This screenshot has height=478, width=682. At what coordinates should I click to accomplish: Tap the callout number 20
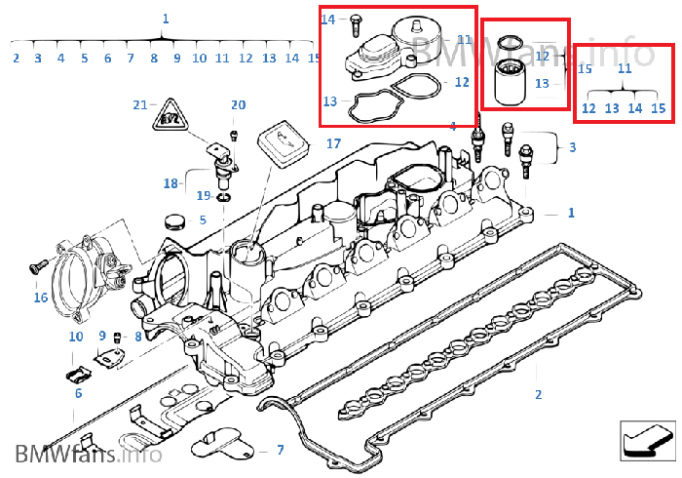click(238, 105)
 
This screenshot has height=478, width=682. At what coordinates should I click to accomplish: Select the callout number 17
click(333, 143)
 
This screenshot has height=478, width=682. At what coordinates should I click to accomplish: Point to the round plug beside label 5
click(176, 219)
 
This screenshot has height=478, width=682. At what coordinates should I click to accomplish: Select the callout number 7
click(280, 450)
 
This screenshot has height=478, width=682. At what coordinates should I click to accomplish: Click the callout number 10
click(76, 337)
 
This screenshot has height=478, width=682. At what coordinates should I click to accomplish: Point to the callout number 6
click(78, 394)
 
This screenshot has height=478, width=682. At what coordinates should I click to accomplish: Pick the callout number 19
click(204, 195)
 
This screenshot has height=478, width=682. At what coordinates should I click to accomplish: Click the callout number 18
click(171, 182)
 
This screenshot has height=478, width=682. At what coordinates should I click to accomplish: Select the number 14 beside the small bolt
click(327, 20)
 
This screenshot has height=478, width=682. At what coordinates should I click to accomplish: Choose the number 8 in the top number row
click(154, 59)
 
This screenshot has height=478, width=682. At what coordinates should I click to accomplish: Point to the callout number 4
click(453, 126)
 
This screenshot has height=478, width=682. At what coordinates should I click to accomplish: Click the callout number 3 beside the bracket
click(572, 147)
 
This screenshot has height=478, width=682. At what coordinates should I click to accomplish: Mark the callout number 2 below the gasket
click(538, 394)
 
